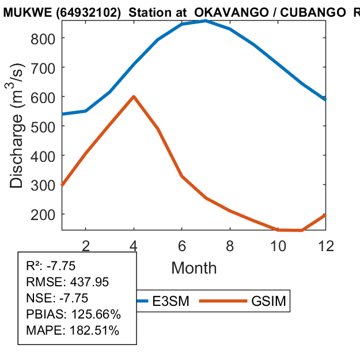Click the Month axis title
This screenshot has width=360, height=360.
pos(194,268)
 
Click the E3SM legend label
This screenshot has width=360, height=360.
pos(173,301)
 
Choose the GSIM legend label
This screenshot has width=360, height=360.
pos(268,301)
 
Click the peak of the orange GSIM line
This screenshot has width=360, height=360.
pos(134,96)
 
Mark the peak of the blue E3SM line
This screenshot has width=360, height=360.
pos(206,21)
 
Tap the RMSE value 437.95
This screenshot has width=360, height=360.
pos(89,282)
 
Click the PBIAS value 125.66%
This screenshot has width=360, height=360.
pos(95,314)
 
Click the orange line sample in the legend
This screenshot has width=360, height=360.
pos(223,301)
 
